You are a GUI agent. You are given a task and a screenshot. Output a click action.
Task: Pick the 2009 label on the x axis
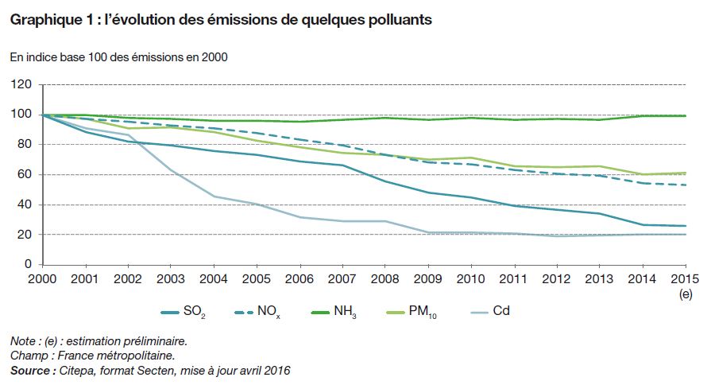coord(428,280)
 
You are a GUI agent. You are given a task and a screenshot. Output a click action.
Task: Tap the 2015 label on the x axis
coord(685,280)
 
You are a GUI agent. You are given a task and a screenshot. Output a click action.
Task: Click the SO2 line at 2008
coord(385,181)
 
